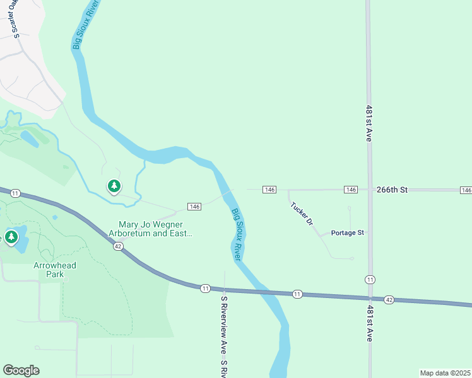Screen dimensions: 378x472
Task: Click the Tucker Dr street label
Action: tap(301, 214)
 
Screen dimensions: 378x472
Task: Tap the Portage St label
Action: tap(348, 232)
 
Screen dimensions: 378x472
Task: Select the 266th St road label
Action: tap(392, 189)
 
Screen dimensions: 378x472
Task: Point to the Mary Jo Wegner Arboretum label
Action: tap(155, 229)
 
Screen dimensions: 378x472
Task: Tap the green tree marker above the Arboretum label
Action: tap(114, 186)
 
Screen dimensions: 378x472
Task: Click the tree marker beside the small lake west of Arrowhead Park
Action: tap(11, 237)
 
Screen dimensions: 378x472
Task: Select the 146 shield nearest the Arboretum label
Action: tap(194, 207)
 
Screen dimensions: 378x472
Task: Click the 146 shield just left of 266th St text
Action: tap(351, 190)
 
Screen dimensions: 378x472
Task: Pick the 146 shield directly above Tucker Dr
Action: tap(269, 190)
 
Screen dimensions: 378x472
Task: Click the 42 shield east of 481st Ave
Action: tap(389, 301)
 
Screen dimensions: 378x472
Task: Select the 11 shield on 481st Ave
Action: tap(369, 279)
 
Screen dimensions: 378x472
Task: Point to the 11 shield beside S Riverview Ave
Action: tap(205, 288)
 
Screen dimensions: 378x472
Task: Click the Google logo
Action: tap(21, 370)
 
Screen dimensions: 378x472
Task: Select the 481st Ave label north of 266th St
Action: tap(369, 123)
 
